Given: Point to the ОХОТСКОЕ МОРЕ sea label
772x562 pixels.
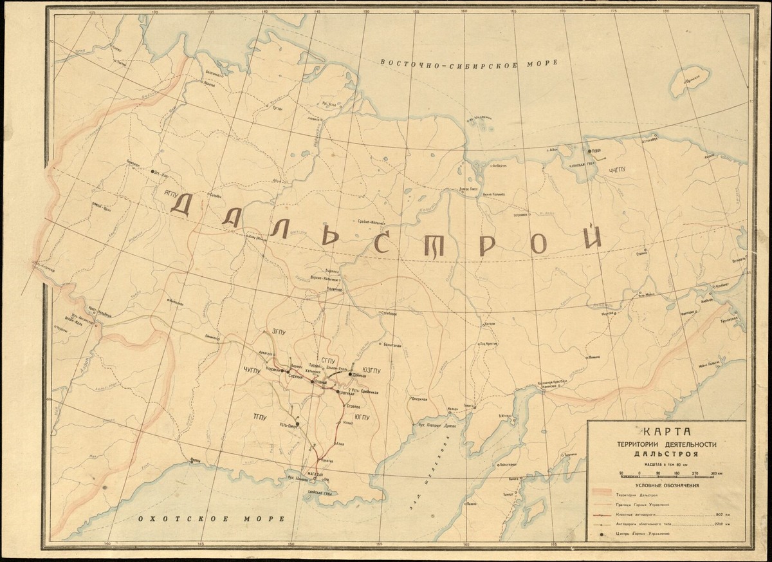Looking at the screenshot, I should [x=213, y=519].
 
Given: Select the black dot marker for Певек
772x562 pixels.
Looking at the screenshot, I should [x=589, y=152].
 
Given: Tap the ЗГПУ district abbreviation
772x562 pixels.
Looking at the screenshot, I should [x=279, y=332].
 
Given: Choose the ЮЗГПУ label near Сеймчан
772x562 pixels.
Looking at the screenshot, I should [x=372, y=370].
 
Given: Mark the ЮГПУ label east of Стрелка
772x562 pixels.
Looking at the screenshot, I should [x=362, y=417].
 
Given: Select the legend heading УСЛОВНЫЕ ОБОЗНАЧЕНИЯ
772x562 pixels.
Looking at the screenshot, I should [x=667, y=486].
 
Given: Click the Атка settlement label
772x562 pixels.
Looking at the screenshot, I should [x=341, y=444].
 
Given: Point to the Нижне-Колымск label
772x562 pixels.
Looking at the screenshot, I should [x=496, y=193].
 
